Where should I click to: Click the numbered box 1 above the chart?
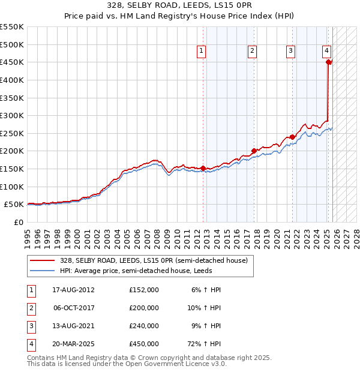pyautogui.click(x=201, y=52)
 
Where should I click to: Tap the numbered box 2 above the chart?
pyautogui.click(x=253, y=52)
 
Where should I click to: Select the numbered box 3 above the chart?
pyautogui.click(x=290, y=52)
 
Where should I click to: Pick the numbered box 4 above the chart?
pyautogui.click(x=326, y=52)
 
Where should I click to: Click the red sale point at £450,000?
pyautogui.click(x=328, y=62)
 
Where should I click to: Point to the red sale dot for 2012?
pyautogui.click(x=203, y=168)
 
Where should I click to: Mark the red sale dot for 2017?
pyautogui.click(x=254, y=151)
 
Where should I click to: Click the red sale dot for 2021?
pyautogui.click(x=293, y=137)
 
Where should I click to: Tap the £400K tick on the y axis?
pyautogui.click(x=12, y=80)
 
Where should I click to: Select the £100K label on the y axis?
pyautogui.click(x=12, y=187)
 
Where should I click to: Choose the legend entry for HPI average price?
pyautogui.click(x=135, y=271)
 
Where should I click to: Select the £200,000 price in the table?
pyautogui.click(x=144, y=308)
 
